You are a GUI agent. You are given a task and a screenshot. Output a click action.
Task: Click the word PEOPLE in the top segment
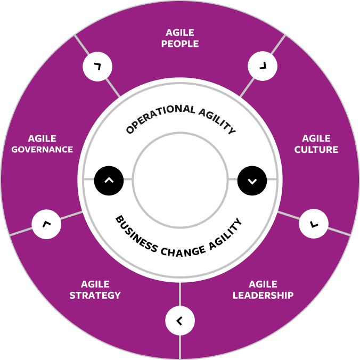(179, 44)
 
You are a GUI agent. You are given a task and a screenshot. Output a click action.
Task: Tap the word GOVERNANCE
(42, 150)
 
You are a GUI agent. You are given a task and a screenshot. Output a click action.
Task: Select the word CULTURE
(316, 150)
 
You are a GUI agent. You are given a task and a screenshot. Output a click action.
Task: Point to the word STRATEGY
(95, 295)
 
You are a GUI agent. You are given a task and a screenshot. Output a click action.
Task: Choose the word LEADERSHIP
(263, 295)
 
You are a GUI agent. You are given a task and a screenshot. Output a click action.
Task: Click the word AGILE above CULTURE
(316, 139)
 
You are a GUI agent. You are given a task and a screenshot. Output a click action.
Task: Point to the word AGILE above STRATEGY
(95, 284)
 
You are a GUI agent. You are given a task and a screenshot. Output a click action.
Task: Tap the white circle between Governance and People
(97, 67)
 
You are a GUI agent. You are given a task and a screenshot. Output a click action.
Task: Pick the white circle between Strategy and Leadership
(180, 321)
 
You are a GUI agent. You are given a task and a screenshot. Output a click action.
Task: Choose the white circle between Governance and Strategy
(46, 224)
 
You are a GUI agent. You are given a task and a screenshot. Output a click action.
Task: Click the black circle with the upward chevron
(109, 180)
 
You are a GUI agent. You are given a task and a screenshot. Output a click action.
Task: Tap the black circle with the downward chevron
(252, 180)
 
